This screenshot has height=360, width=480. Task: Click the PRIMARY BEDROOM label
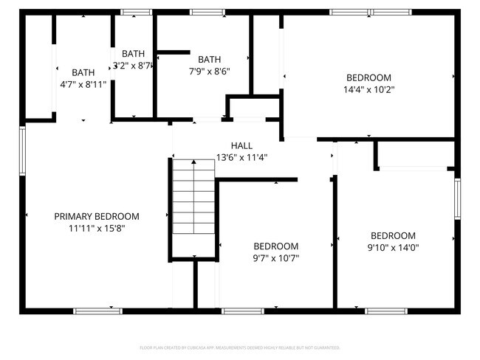(x=97, y=216)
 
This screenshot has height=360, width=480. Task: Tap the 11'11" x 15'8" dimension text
(x=97, y=229)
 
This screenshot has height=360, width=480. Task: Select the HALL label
(x=241, y=145)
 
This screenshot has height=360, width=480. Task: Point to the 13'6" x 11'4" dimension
(x=241, y=157)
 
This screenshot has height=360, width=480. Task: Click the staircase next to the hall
(x=193, y=197)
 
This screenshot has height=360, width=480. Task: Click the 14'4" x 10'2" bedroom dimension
(x=368, y=90)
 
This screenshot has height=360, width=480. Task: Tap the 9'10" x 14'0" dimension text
(x=393, y=248)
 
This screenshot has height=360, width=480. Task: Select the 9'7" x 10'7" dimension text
(x=275, y=258)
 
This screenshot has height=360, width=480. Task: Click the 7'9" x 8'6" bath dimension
(x=210, y=72)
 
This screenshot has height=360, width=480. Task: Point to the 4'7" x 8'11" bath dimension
(x=83, y=84)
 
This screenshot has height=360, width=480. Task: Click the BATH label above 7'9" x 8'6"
(x=210, y=60)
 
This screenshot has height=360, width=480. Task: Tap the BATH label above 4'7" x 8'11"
(x=83, y=72)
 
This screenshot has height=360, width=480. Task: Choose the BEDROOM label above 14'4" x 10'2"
(x=368, y=77)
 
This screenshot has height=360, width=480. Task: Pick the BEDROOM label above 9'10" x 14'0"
(x=393, y=235)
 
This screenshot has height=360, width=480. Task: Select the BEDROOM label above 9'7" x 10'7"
(x=275, y=246)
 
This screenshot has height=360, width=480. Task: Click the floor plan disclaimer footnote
(x=240, y=347)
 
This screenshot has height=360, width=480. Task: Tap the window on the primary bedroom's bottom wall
(x=97, y=311)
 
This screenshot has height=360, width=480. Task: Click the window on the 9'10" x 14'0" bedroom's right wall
(x=457, y=199)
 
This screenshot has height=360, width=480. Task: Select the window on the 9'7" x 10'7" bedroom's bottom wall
(x=243, y=311)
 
